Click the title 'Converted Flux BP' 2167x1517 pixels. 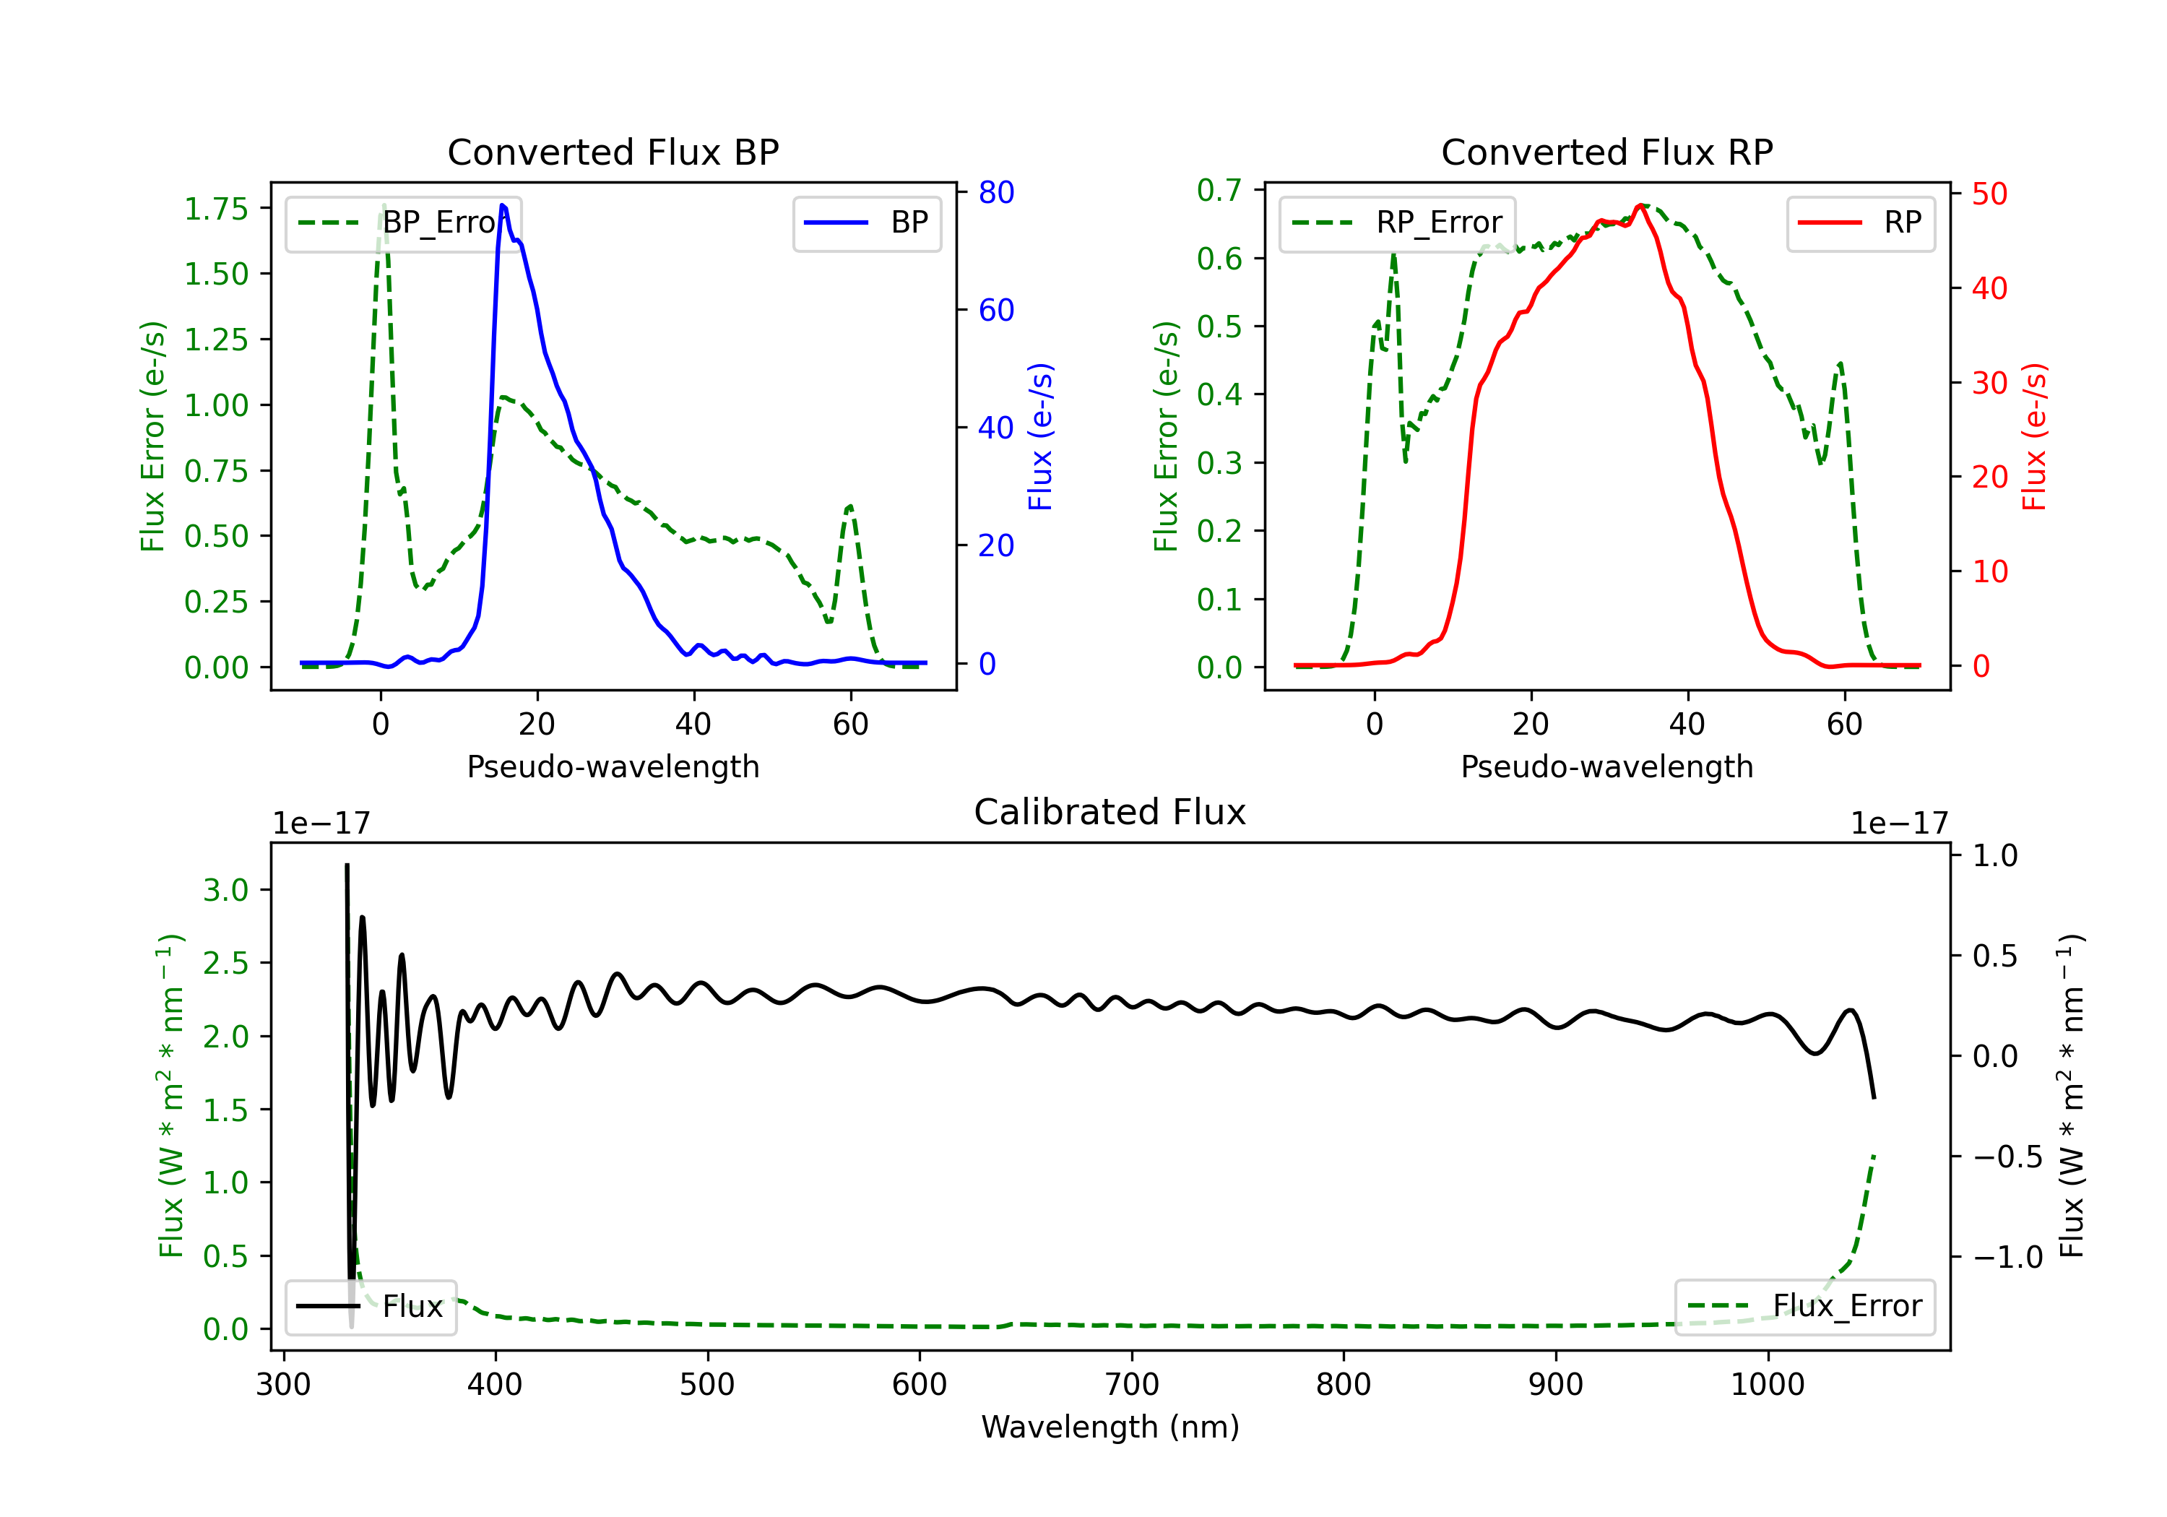coord(613,152)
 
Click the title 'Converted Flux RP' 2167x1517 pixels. coord(1606,152)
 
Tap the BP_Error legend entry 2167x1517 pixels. coord(404,222)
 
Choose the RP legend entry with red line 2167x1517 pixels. coord(1860,222)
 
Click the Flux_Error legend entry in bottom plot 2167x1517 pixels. coord(1804,1307)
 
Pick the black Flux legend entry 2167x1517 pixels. coord(371,1307)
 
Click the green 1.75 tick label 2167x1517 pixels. coord(215,209)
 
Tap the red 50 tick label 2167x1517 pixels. coord(1989,194)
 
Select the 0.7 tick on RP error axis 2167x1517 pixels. coord(1219,191)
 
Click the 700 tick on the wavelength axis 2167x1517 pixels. coord(1132,1385)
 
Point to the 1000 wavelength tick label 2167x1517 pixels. coord(1767,1385)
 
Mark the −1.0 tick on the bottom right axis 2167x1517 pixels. coord(2007,1258)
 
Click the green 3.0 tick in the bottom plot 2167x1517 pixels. coord(225,890)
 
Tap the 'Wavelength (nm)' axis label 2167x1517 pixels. coord(1110,1427)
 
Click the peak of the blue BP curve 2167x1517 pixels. coord(502,206)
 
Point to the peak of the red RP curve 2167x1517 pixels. coord(1641,206)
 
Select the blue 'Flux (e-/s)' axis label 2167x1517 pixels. coord(1040,436)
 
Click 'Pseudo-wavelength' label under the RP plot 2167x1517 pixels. coord(1606,766)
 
